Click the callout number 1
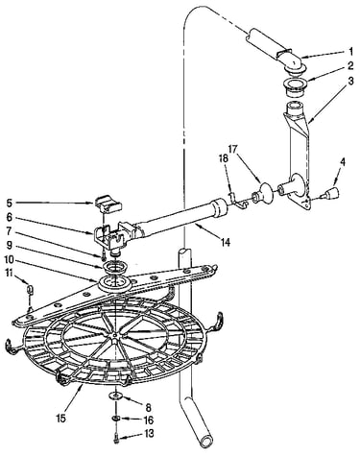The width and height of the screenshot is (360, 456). pyautogui.click(x=350, y=51)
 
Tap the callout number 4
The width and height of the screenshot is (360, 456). pyautogui.click(x=342, y=162)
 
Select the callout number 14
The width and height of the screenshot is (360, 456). pyautogui.click(x=226, y=242)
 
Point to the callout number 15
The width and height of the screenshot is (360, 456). pyautogui.click(x=61, y=418)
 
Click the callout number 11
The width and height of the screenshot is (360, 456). pyautogui.click(x=10, y=273)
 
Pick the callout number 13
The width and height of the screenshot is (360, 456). pyautogui.click(x=149, y=434)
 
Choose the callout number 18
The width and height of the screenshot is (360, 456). pyautogui.click(x=223, y=159)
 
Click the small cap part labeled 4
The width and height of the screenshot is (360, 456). pyautogui.click(x=331, y=193)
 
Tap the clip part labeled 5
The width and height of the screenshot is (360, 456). pyautogui.click(x=108, y=204)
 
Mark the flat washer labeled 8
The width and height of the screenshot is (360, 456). pyautogui.click(x=116, y=396)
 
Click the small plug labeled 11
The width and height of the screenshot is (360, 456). pyautogui.click(x=30, y=289)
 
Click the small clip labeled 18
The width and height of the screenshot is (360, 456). pyautogui.click(x=238, y=203)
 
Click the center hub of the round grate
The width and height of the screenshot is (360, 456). pyautogui.click(x=114, y=335)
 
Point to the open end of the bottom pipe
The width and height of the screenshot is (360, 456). pyautogui.click(x=205, y=443)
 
